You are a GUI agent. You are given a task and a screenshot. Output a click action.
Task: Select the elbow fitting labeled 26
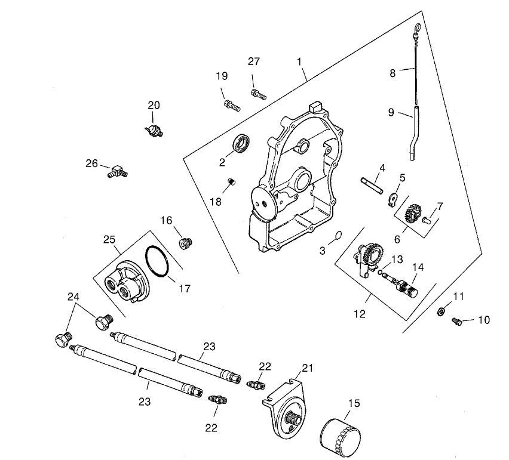(117, 172)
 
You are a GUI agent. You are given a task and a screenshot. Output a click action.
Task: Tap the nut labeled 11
(440, 310)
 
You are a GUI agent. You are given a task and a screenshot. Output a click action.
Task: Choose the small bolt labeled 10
(458, 322)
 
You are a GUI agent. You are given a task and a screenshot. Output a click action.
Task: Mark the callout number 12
(360, 314)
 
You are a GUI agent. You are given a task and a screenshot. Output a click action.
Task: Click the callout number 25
(109, 239)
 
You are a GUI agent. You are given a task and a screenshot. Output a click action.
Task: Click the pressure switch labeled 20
(157, 129)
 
